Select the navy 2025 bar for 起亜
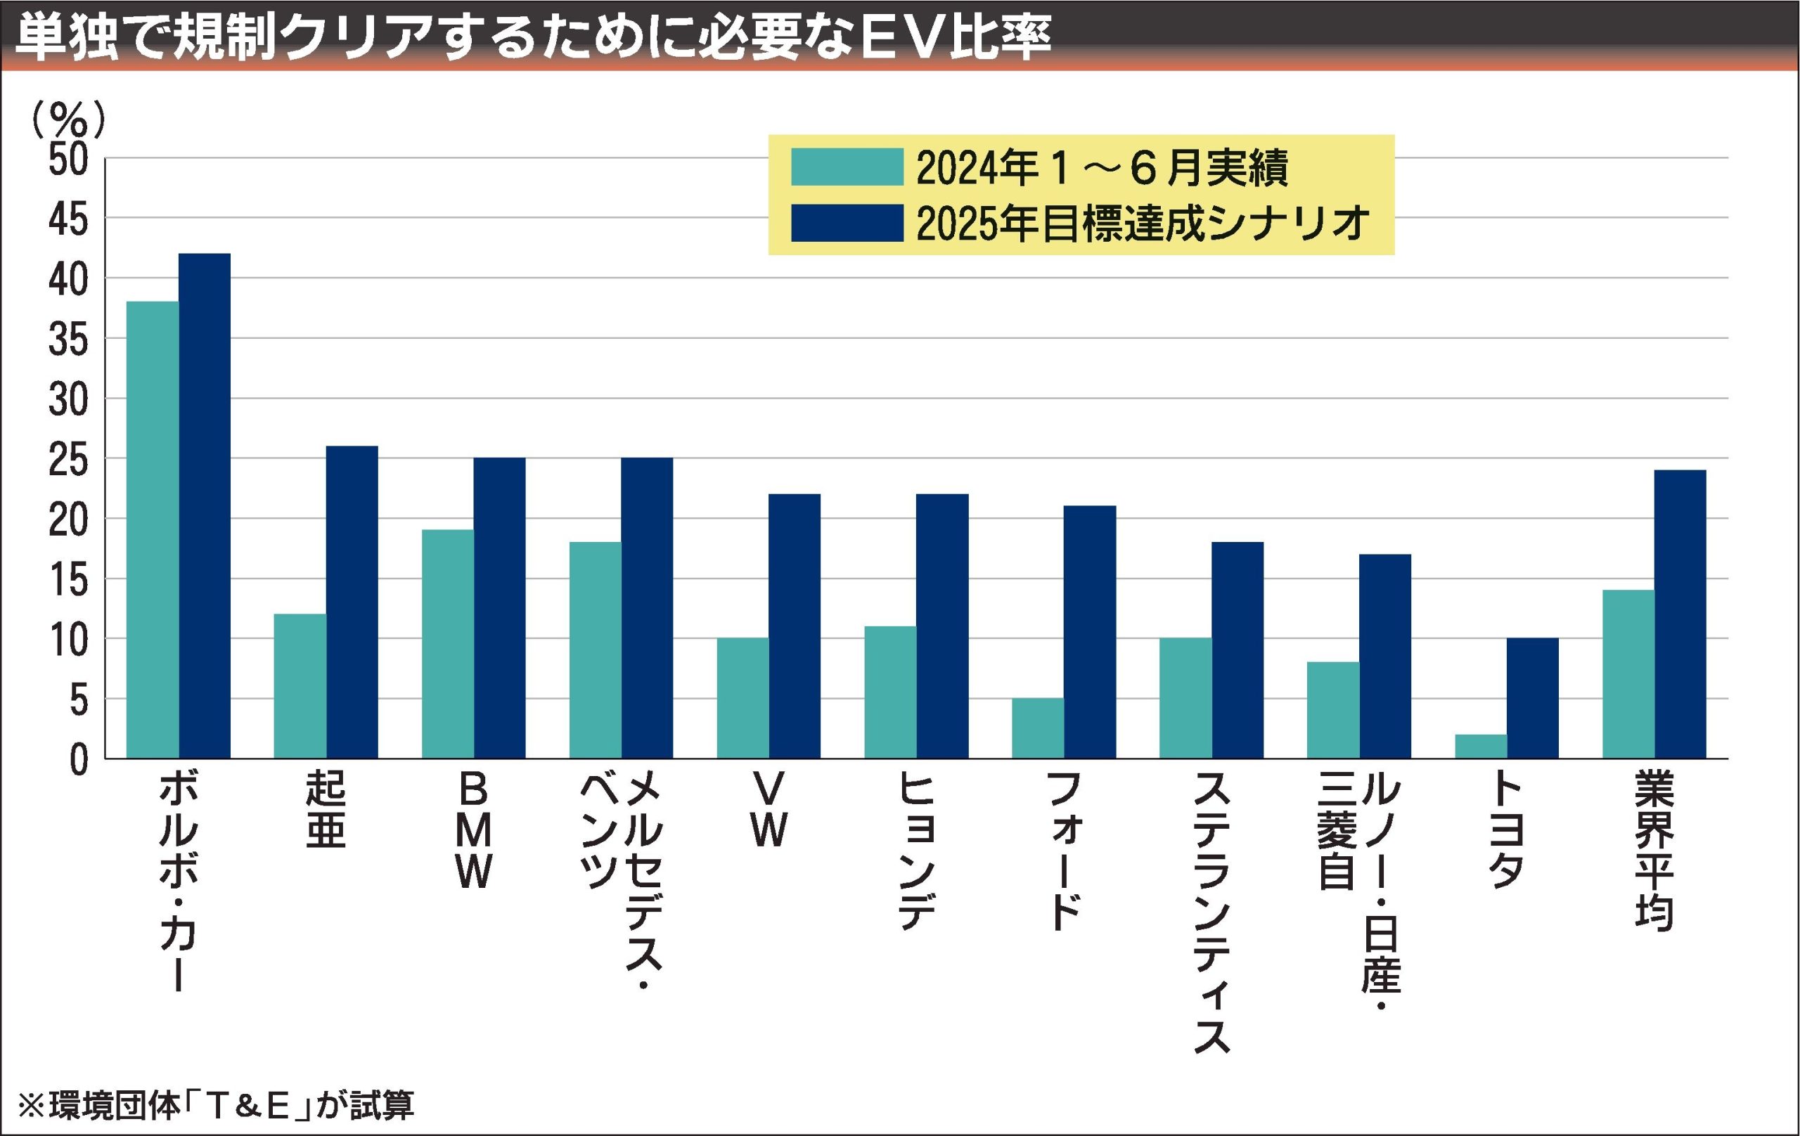352,602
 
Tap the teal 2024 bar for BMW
448,643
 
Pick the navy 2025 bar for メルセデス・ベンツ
647,607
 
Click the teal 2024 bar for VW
742,698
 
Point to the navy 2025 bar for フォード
1090,631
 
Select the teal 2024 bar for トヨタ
1481,746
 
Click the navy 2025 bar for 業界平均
1680,614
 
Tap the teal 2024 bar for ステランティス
1185,698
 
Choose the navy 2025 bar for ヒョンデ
943,626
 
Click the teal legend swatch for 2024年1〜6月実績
847,167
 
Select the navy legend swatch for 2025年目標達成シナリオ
847,223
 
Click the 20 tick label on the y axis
68,519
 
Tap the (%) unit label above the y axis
68,120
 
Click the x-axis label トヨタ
1507,830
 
